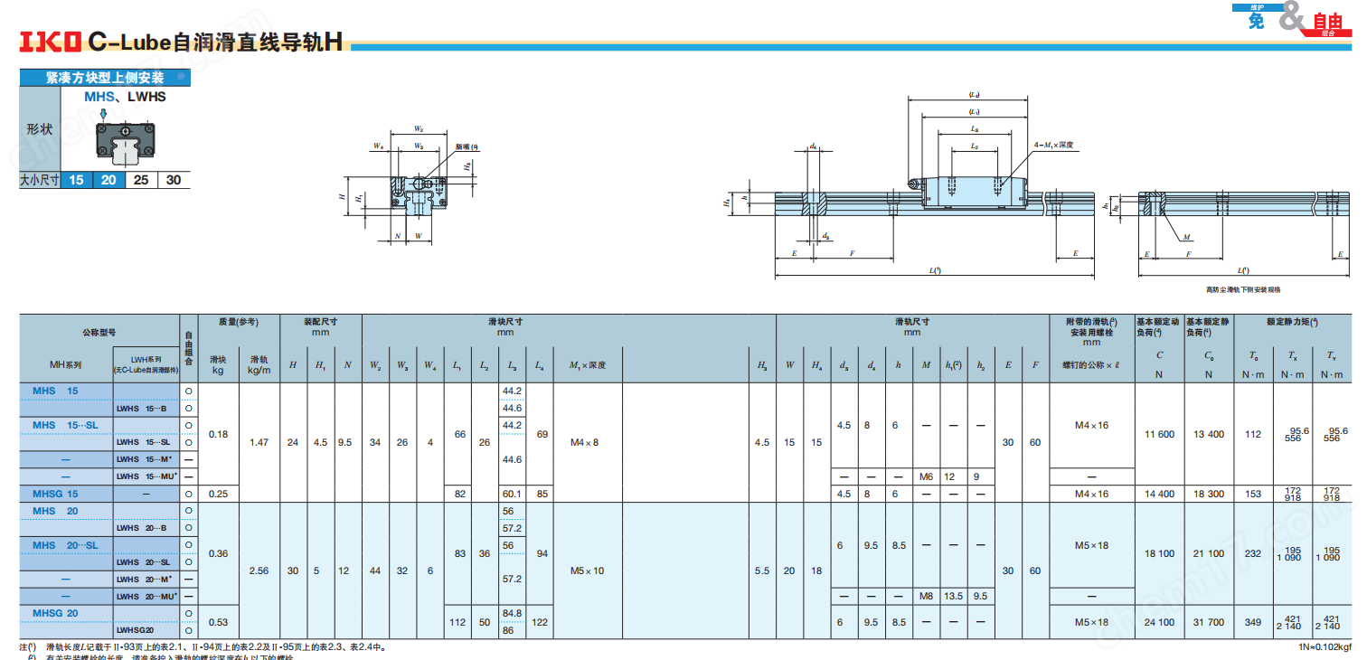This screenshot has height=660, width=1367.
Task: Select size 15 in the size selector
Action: pos(76,180)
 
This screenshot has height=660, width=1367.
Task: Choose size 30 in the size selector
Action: pos(174,180)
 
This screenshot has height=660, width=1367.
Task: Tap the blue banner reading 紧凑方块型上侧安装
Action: pos(105,79)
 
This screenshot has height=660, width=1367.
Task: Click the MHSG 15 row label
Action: pos(56,494)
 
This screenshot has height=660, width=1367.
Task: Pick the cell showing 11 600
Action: pos(1159,434)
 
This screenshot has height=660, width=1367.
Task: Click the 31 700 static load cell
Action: pos(1208,622)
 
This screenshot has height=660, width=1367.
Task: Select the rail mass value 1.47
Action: pos(259,442)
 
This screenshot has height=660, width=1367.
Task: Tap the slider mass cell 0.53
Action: pos(218,622)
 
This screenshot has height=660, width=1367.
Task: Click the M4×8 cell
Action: pos(585,442)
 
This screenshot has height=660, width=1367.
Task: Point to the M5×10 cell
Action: pos(587,570)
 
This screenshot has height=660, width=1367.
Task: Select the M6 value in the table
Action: pos(926,476)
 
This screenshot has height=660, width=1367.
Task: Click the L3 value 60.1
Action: pos(512,494)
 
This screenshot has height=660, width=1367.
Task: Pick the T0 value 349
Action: pos(1252,622)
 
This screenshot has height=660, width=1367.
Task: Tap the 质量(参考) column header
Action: pos(239,322)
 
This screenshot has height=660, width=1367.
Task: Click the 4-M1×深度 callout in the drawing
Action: pos(1052,145)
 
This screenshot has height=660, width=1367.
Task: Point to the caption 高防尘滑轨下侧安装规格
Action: pos(1242,289)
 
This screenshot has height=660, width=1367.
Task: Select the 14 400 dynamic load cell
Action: pos(1159,494)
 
